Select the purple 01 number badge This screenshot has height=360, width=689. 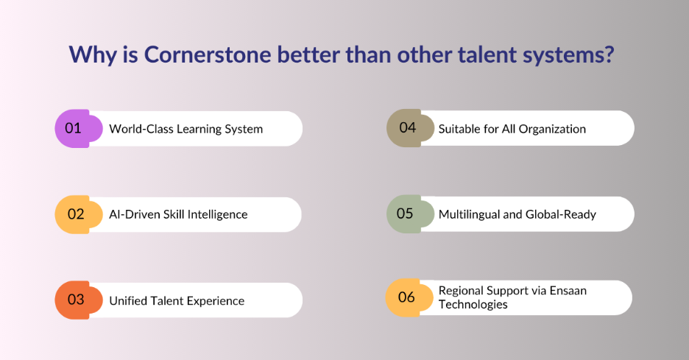pos(73,128)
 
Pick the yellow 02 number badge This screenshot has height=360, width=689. pos(73,214)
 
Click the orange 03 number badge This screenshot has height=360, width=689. pos(73,300)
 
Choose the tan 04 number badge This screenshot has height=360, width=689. pos(406,127)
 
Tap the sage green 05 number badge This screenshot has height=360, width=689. pos(406,213)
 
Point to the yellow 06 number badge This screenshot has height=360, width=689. pos(406,297)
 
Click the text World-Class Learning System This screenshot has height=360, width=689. pos(185,129)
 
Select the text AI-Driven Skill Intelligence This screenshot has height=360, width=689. pos(178,215)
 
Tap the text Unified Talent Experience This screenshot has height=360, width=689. pos(177,300)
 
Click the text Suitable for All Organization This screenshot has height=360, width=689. pos(512,129)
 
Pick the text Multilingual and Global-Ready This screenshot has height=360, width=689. pos(517,215)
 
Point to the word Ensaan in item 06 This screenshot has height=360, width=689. pos(566,291)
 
